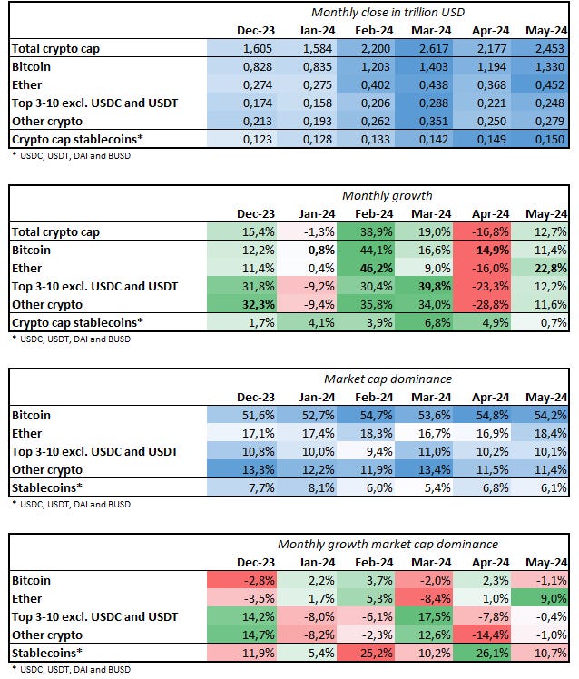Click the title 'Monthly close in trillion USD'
(x=388, y=12)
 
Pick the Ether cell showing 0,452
(x=548, y=85)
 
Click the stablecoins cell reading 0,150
(x=548, y=140)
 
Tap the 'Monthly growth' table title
(x=387, y=195)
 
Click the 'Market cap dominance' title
(x=388, y=378)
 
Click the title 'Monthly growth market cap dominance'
(x=388, y=544)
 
